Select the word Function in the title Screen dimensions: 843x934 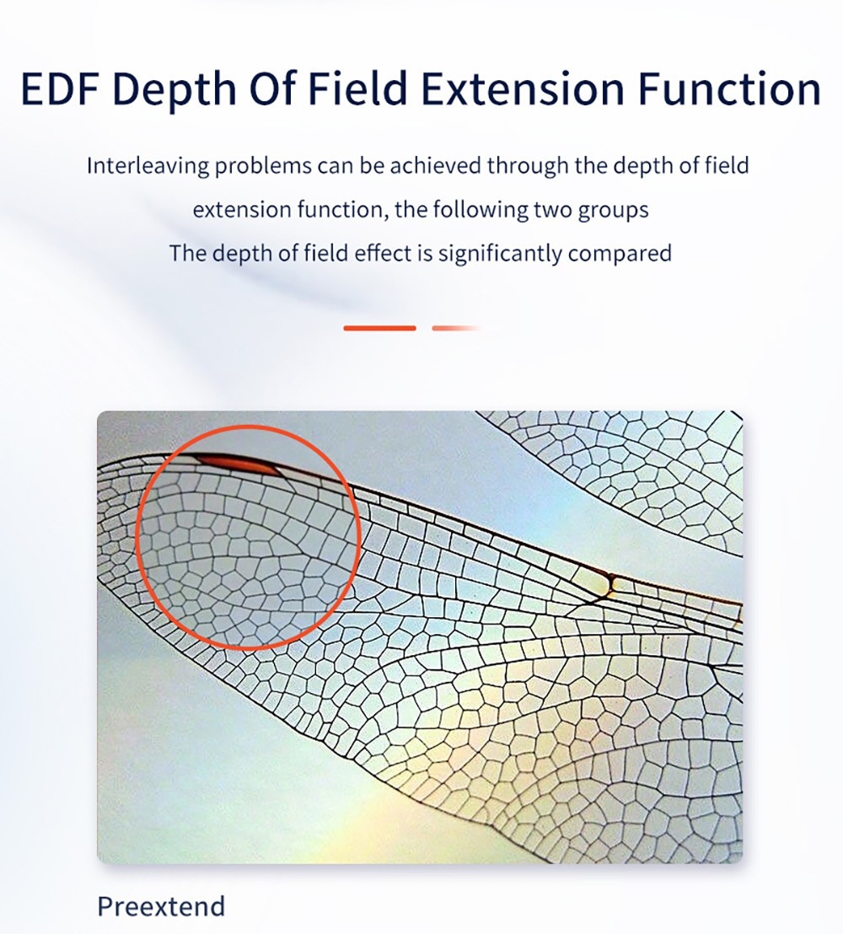[730, 89]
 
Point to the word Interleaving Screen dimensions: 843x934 [148, 165]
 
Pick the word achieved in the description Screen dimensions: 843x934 [436, 165]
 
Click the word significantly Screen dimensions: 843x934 [500, 254]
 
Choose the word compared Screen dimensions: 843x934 [620, 255]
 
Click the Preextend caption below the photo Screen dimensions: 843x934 [161, 906]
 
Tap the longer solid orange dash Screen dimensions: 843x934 [379, 328]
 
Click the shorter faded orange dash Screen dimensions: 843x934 [456, 328]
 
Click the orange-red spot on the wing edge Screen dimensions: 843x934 [239, 463]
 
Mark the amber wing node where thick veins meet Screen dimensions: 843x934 [608, 583]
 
